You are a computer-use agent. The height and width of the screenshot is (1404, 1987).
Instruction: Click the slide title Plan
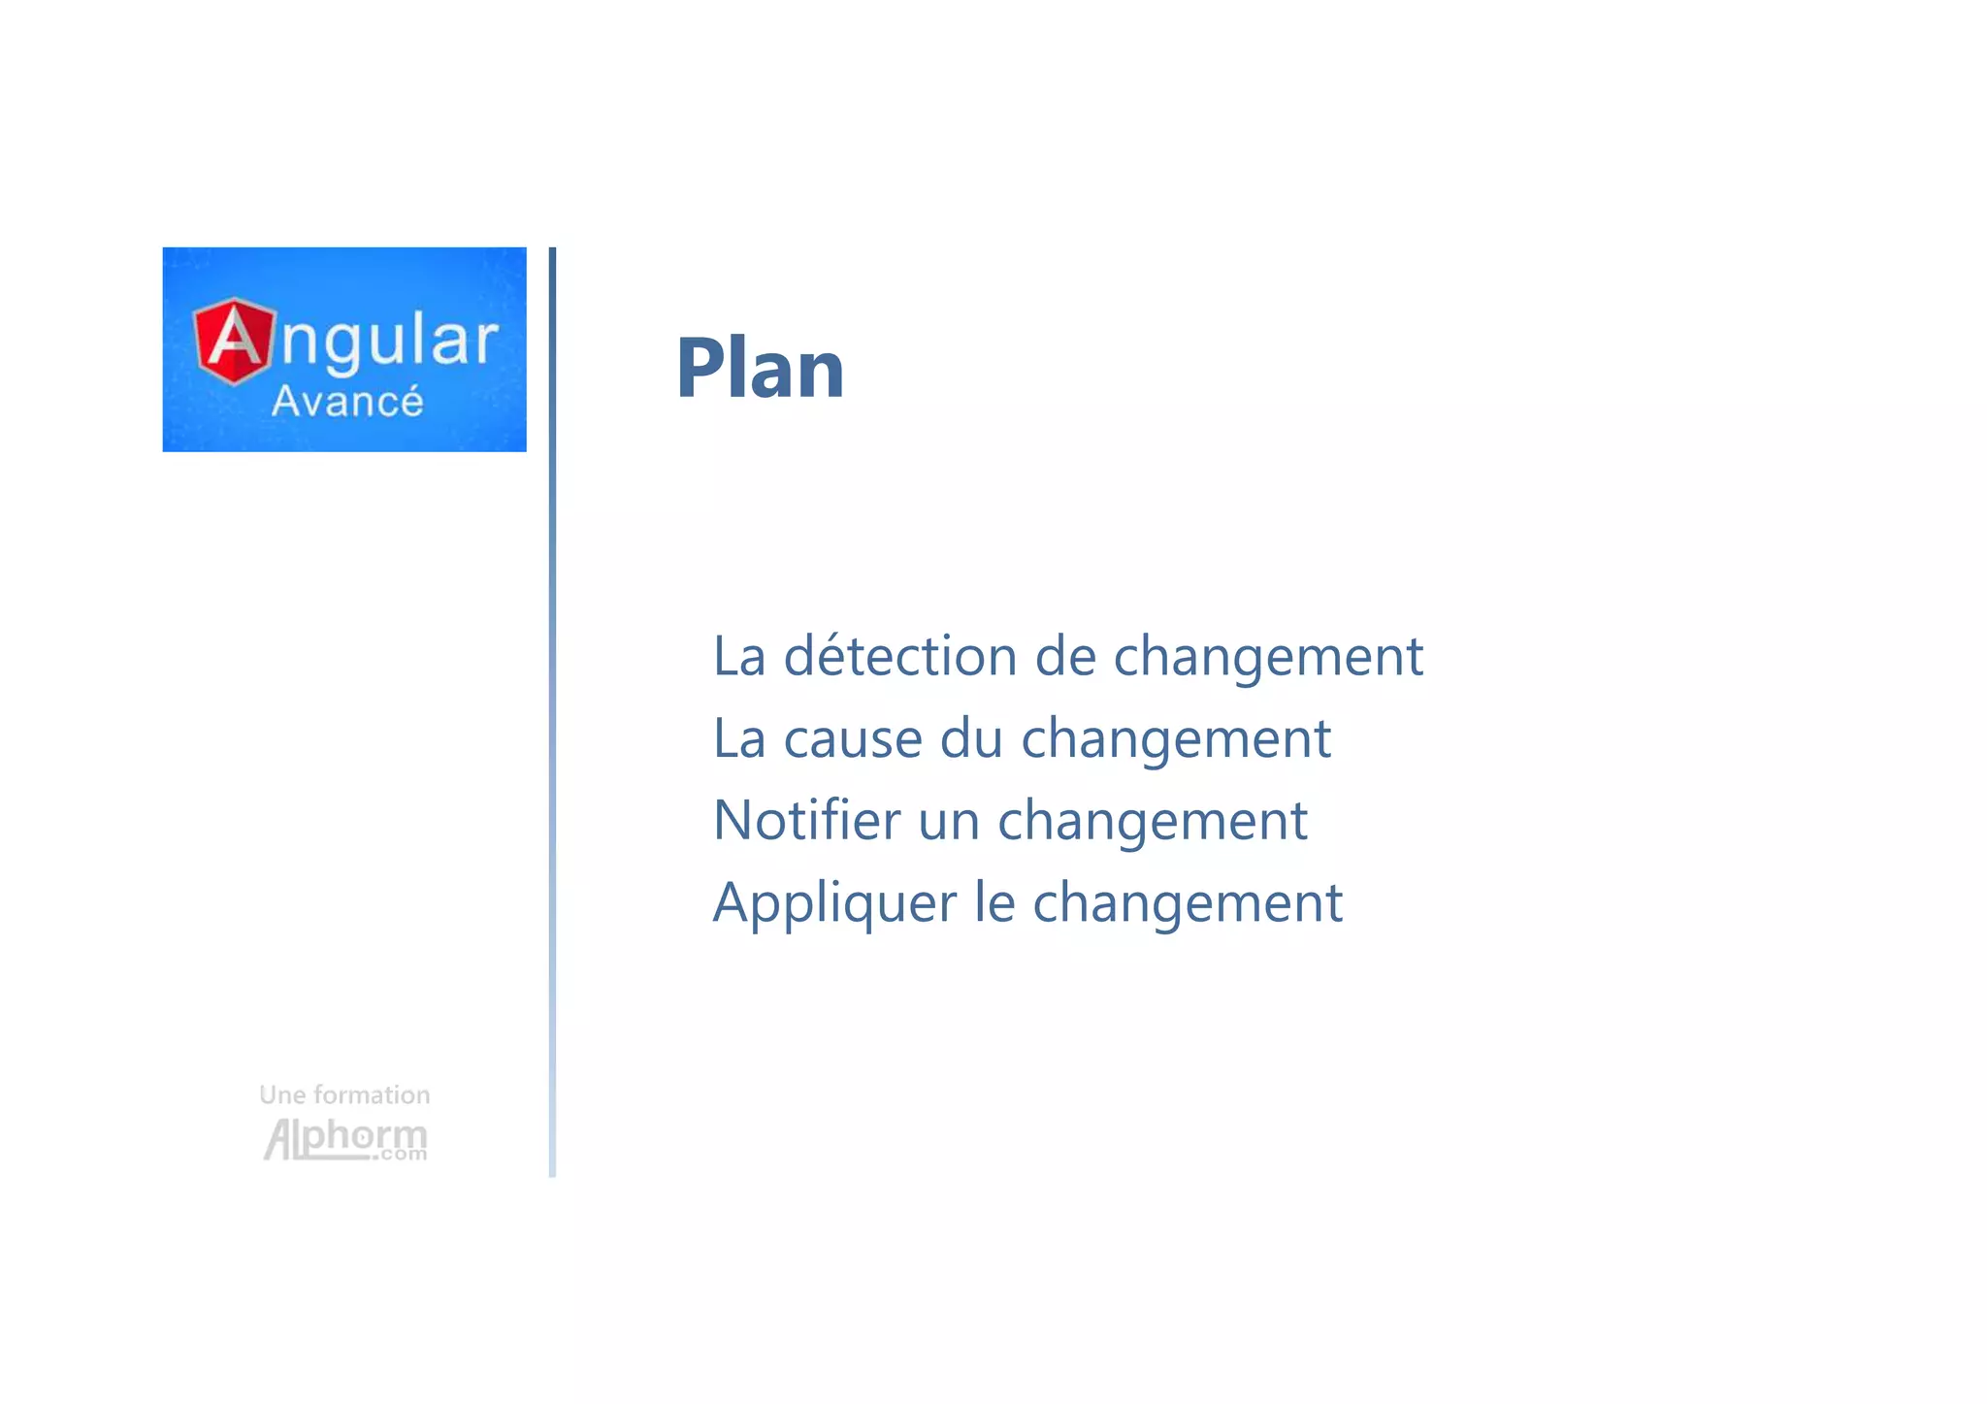pyautogui.click(x=760, y=368)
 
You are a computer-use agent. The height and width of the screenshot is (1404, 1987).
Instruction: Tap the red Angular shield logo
pyautogui.click(x=234, y=341)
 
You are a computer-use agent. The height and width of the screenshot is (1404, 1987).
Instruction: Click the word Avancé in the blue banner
pyautogui.click(x=347, y=401)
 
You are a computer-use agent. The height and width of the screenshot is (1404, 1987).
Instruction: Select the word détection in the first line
pyautogui.click(x=899, y=656)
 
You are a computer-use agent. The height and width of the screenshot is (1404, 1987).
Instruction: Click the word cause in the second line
pyautogui.click(x=852, y=739)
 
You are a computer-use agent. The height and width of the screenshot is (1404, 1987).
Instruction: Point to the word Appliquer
pyautogui.click(x=834, y=903)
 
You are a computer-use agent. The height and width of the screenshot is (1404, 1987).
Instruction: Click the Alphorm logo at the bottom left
pyautogui.click(x=345, y=1139)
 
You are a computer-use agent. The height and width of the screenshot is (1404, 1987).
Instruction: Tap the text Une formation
pyautogui.click(x=344, y=1094)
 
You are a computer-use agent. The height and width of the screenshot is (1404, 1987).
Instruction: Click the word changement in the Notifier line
pyautogui.click(x=1153, y=822)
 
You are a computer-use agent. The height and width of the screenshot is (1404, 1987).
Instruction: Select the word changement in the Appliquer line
pyautogui.click(x=1188, y=904)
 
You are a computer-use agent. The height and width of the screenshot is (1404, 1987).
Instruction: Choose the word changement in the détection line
pyautogui.click(x=1267, y=657)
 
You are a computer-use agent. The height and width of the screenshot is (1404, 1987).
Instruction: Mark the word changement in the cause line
pyautogui.click(x=1176, y=739)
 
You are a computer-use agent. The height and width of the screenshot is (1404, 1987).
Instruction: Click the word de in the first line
pyautogui.click(x=1064, y=656)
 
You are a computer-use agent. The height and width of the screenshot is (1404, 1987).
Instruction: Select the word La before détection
pyautogui.click(x=739, y=656)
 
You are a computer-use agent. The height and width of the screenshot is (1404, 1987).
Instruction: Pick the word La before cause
pyautogui.click(x=739, y=738)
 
